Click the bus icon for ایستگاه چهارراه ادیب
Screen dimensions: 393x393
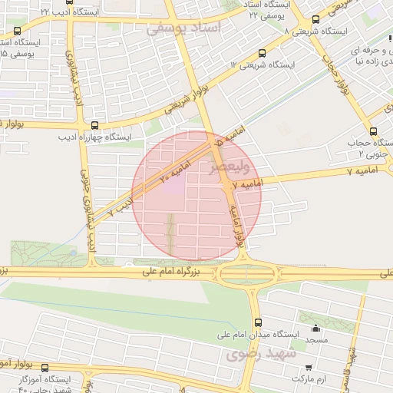95,125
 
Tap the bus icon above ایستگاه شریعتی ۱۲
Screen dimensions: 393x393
263,54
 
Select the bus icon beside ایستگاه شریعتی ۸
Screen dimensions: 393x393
315,20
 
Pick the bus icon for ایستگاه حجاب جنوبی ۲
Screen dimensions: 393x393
375,130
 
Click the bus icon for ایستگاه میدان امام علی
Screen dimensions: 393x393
257,322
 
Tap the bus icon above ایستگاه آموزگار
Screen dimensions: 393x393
45,368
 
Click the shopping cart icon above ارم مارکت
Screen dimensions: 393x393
309,367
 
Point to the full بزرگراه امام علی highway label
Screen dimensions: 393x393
177,272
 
